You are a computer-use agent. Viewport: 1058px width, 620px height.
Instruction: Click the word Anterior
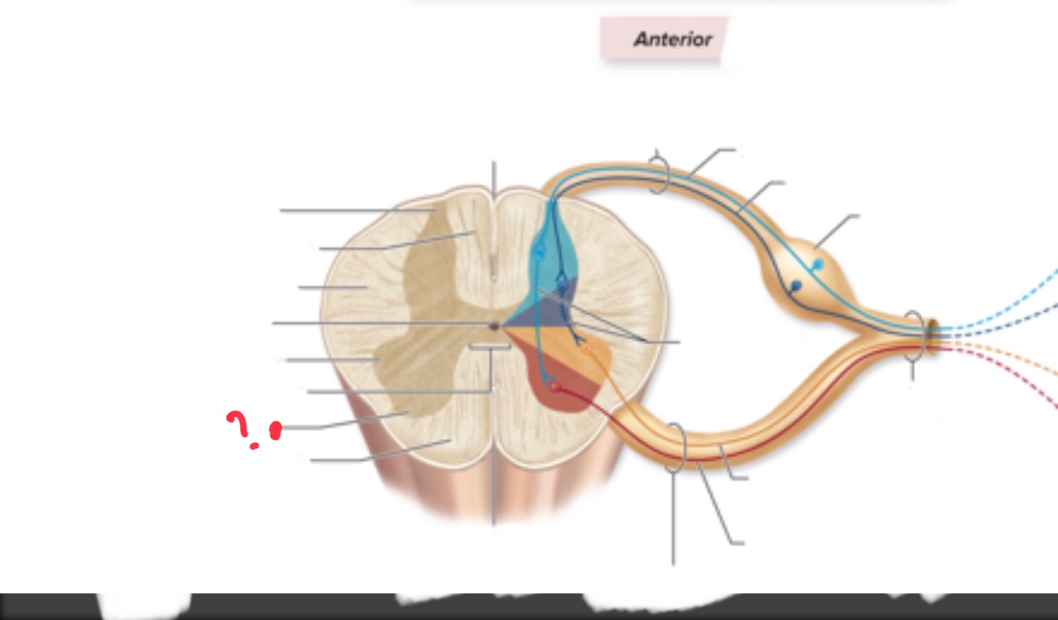coord(673,39)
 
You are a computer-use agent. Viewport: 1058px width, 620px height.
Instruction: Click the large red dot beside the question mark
coord(275,431)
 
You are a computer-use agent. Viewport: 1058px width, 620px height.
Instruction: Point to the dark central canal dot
coord(494,325)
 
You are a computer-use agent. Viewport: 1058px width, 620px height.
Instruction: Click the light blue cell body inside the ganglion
coord(818,264)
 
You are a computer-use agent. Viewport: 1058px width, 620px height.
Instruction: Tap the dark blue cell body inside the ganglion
coord(796,285)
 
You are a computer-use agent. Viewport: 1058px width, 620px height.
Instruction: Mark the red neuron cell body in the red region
coord(554,387)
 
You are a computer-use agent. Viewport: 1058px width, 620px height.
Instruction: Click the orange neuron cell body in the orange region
coord(586,350)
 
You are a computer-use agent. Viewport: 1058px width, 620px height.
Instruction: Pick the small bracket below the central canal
coord(490,347)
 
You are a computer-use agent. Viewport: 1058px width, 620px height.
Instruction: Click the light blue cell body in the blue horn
coord(538,253)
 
